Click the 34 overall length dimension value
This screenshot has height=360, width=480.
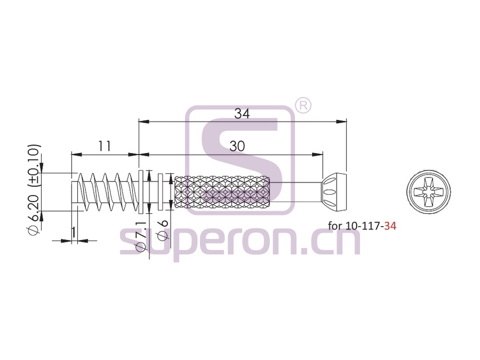242,114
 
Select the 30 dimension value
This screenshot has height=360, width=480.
237,146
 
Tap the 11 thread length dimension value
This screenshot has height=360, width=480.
105,146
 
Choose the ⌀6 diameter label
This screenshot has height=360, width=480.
162,229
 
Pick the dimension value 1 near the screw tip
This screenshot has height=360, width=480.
74,233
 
